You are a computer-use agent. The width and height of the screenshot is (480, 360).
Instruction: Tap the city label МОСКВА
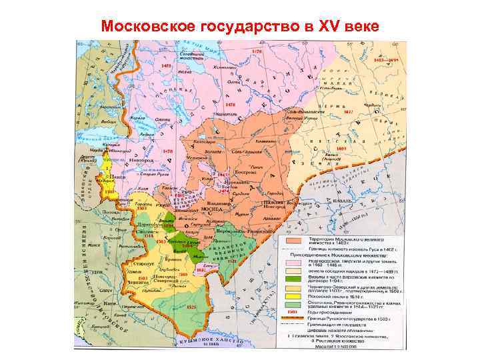(x=209, y=208)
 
